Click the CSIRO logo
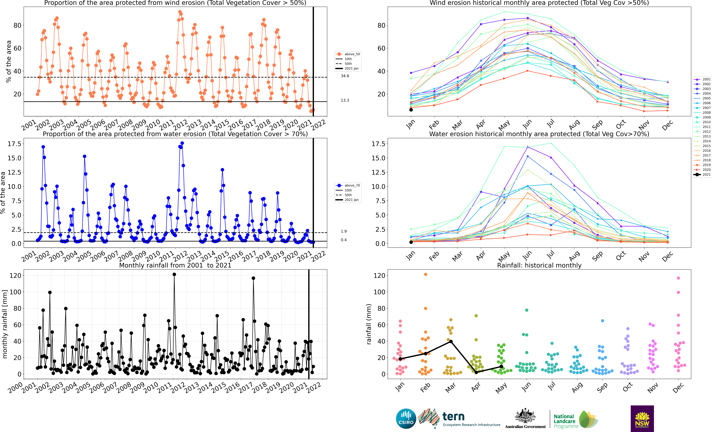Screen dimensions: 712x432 point(406,419)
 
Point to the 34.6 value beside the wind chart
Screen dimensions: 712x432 point(345,76)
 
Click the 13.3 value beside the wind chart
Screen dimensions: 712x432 point(345,100)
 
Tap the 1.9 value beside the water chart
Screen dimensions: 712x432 point(344,231)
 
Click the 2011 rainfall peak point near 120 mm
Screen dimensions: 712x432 point(174,274)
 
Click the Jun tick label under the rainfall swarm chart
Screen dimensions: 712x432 point(527,386)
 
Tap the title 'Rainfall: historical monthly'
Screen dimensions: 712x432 point(539,265)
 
